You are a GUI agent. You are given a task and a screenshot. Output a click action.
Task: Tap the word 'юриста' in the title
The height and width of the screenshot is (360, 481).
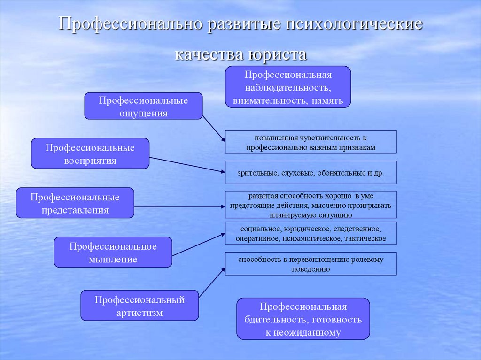tap(275, 53)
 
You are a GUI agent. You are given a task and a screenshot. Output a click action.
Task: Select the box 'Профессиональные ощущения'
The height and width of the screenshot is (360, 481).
tap(143, 106)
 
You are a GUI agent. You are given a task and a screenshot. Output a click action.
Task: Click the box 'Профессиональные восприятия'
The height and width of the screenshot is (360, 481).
tap(90, 153)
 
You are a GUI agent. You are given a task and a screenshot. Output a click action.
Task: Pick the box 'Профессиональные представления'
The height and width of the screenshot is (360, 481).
tap(75, 203)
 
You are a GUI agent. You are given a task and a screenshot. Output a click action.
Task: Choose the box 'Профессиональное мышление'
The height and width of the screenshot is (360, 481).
tap(113, 252)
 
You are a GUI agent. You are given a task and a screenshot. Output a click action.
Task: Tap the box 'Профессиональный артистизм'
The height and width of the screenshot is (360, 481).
tap(140, 306)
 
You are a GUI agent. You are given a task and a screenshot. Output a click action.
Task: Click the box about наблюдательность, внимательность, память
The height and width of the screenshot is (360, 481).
tap(288, 87)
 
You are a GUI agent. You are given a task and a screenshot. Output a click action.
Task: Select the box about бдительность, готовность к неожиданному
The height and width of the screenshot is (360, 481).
tap(303, 319)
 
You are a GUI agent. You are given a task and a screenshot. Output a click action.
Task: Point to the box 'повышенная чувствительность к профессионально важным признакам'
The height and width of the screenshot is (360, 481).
tap(310, 142)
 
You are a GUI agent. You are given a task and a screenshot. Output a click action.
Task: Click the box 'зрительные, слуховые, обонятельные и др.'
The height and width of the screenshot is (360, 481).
tap(310, 173)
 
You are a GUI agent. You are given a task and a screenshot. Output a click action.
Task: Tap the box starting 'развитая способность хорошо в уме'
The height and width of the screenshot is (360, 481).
tap(310, 205)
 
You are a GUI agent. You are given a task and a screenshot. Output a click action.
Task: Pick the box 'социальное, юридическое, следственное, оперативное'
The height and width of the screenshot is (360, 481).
tap(310, 234)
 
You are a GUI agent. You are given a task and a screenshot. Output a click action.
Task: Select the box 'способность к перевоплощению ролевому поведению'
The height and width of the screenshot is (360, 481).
tap(310, 264)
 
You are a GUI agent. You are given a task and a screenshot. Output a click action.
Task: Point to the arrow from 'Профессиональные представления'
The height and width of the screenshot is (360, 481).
tap(178, 206)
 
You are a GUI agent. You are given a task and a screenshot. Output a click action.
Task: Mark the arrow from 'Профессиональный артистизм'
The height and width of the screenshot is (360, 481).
tap(211, 282)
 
